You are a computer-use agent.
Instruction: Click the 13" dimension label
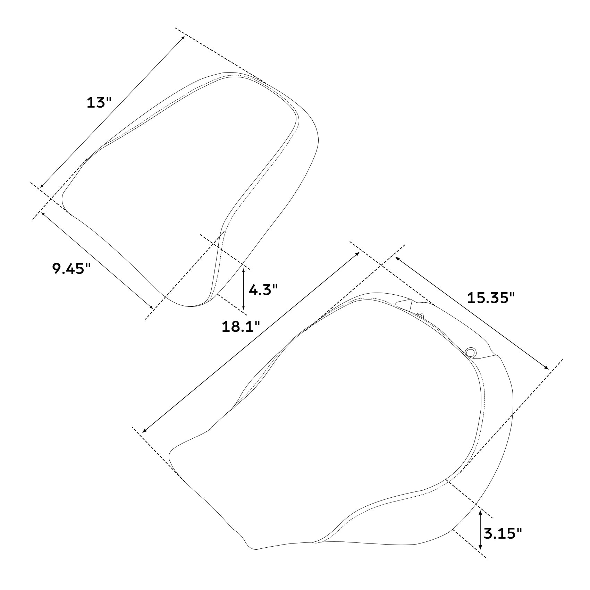(99, 102)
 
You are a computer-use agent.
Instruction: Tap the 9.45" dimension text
(71, 268)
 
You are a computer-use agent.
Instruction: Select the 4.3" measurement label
(263, 289)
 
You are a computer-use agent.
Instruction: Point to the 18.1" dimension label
(241, 327)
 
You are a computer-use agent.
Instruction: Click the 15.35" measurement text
(490, 298)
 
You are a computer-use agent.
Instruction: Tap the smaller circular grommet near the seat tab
(420, 315)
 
